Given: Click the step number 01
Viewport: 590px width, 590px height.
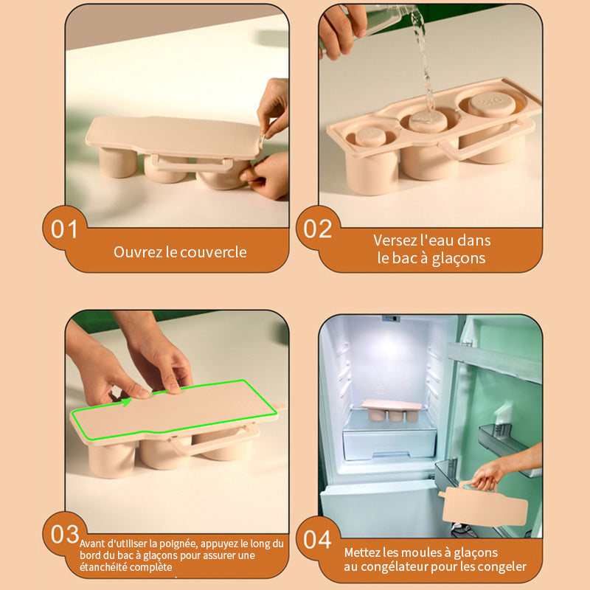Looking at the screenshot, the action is click(64, 229).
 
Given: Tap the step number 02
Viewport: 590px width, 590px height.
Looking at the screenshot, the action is click(318, 229).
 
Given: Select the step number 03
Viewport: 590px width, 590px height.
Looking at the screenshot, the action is click(65, 534).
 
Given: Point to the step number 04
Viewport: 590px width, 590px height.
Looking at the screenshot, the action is click(318, 539).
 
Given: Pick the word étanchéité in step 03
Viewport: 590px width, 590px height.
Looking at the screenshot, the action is click(100, 567).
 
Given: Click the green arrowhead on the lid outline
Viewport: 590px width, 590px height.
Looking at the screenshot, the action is click(127, 402).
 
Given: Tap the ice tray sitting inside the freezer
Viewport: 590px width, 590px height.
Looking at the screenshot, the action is click(392, 410).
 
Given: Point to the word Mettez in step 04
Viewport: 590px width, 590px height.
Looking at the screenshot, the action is click(362, 552).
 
